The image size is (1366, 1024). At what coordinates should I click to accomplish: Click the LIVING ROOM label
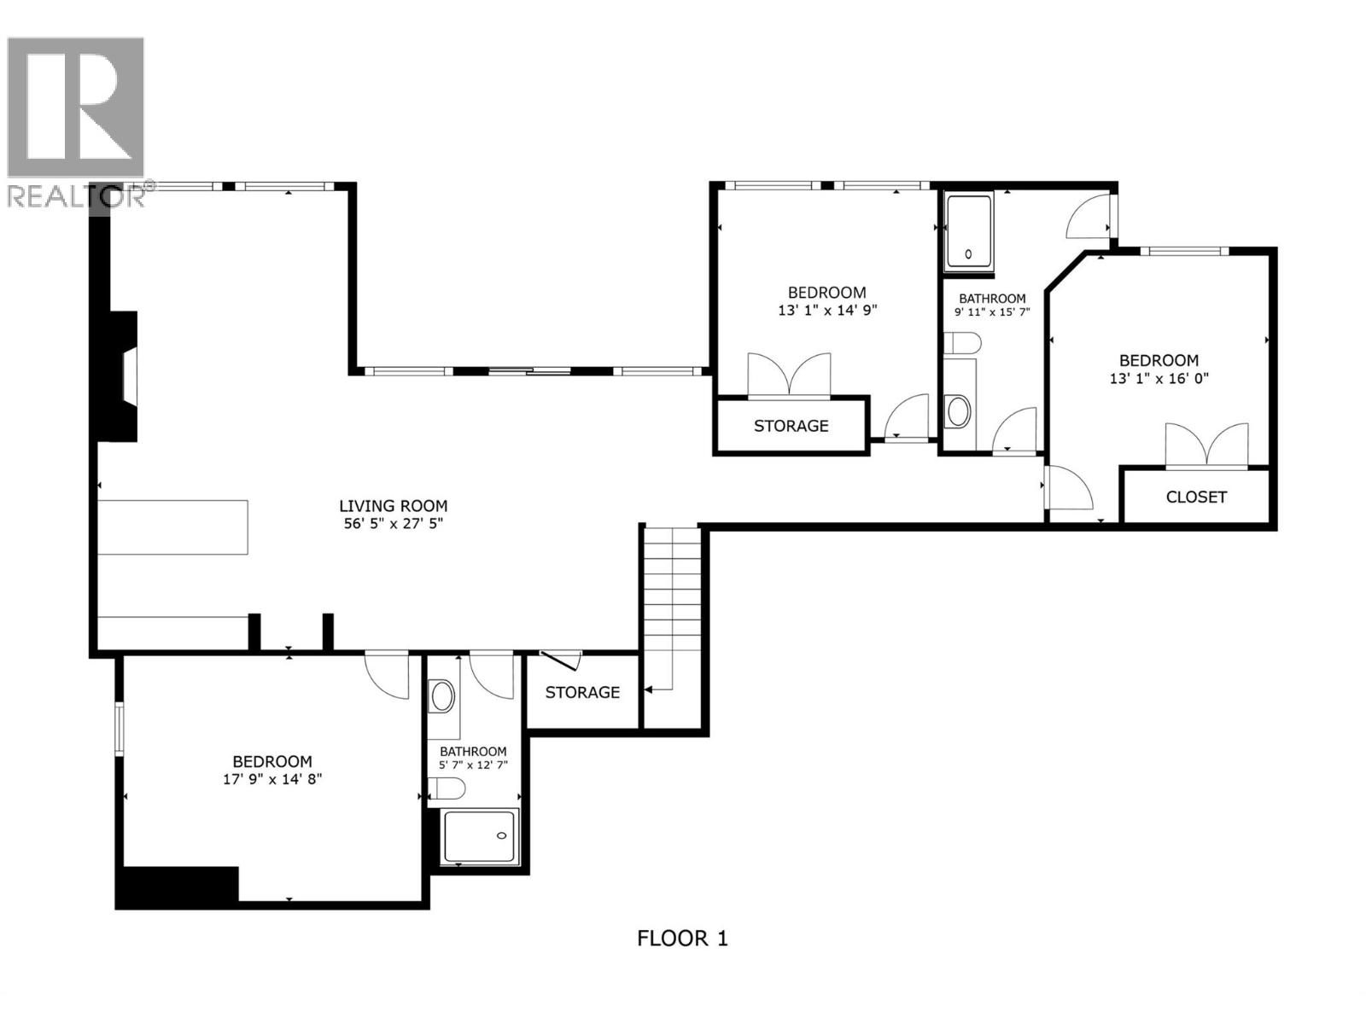pos(393,506)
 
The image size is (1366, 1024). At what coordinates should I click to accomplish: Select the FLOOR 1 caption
pos(682,939)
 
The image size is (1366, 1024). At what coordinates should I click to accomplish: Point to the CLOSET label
pos(1195,497)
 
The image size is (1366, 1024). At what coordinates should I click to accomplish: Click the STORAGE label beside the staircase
pos(582,692)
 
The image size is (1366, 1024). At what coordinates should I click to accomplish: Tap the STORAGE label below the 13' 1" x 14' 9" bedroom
pos(791,426)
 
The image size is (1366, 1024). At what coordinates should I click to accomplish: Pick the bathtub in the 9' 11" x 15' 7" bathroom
pos(969,230)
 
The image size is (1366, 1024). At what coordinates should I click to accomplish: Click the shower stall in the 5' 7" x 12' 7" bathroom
pos(480,835)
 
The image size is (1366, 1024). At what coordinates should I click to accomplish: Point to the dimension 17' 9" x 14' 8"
pos(272,779)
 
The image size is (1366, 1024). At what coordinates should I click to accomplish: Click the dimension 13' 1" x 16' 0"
pos(1159,378)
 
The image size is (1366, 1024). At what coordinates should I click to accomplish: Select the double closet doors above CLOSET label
pos(1206,446)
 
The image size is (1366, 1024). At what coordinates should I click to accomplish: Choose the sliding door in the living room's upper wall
pos(529,371)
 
